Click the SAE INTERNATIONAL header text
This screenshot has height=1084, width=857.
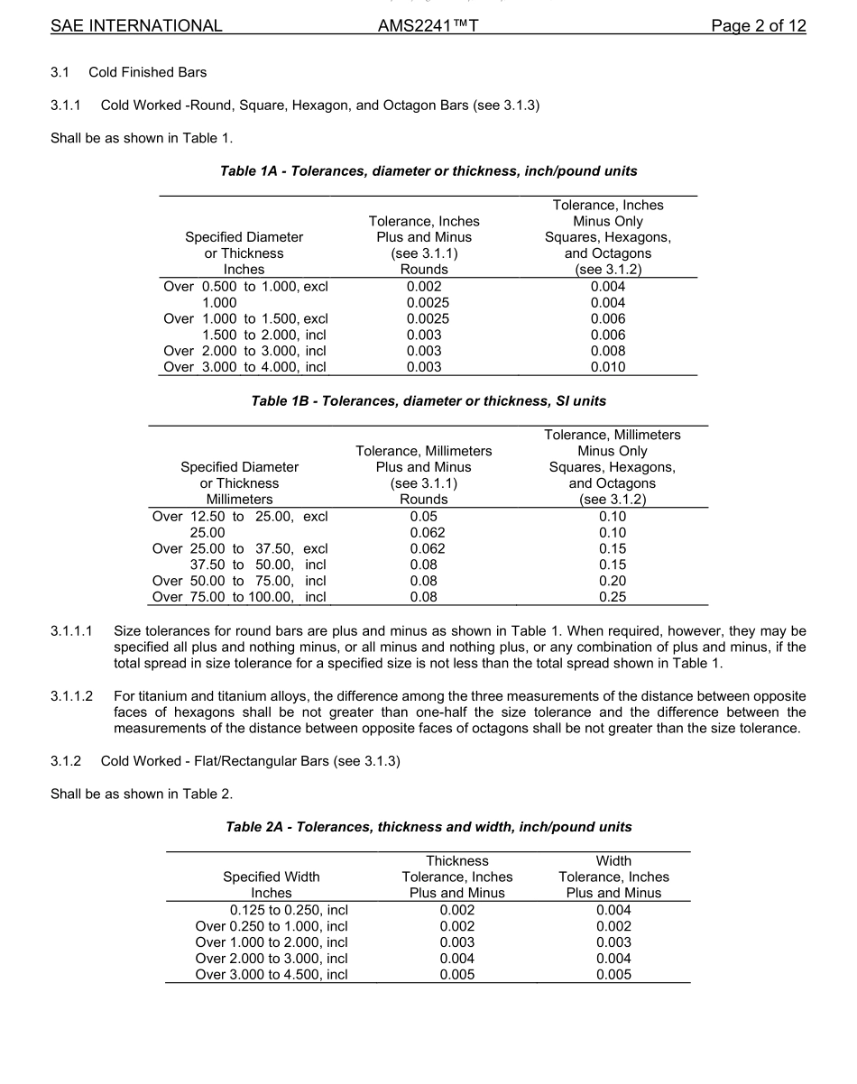click(x=136, y=25)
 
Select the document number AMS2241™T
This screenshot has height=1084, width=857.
click(x=428, y=25)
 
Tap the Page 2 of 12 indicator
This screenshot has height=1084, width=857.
click(x=758, y=25)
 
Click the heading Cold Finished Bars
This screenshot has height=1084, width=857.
click(x=147, y=72)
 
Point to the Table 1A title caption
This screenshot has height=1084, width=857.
click(x=428, y=170)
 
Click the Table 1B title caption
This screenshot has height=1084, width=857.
click(x=428, y=400)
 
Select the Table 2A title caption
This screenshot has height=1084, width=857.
click(x=428, y=826)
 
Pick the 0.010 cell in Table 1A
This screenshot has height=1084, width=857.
click(x=608, y=367)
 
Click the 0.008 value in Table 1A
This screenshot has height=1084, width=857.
click(x=608, y=351)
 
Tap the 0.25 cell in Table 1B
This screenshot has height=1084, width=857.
click(x=613, y=597)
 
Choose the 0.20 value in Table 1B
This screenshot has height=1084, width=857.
click(x=613, y=581)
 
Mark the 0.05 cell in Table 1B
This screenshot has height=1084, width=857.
click(x=423, y=517)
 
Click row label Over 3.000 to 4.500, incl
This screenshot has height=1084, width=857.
click(x=272, y=974)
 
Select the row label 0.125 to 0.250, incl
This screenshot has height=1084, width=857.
click(x=289, y=910)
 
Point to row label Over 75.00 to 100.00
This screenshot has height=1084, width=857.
click(x=239, y=597)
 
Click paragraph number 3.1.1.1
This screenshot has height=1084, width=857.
click(x=71, y=631)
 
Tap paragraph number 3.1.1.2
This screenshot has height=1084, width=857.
click(x=71, y=696)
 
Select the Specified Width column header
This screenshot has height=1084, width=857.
click(x=272, y=877)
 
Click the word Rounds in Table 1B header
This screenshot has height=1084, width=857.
click(x=423, y=499)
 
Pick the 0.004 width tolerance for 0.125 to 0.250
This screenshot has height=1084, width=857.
click(x=613, y=910)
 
